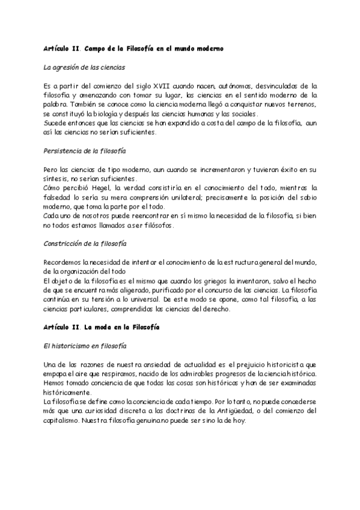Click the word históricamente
67,392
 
